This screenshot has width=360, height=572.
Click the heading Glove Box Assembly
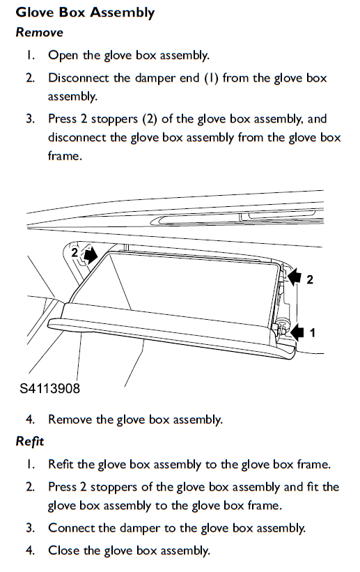86,13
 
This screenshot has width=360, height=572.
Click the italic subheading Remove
40,33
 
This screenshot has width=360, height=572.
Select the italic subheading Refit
29,442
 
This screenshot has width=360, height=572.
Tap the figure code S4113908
49,388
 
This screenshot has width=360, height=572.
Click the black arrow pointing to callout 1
297,332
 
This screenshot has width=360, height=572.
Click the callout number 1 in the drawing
312,333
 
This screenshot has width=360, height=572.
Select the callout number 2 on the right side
310,280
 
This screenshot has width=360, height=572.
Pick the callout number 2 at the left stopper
75,252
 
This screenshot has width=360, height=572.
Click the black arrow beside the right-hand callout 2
295,277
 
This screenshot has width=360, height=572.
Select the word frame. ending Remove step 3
65,156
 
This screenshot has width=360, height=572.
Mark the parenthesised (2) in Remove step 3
150,119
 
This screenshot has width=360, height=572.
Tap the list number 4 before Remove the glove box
30,419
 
